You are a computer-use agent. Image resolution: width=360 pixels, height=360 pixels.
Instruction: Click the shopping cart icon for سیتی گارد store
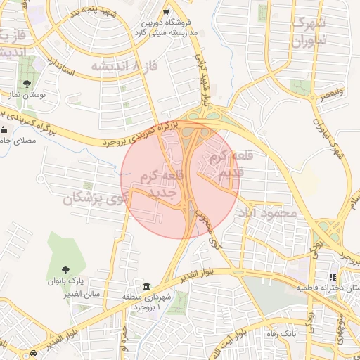tap(166, 12)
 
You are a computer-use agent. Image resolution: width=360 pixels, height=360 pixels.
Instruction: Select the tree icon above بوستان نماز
tap(27, 85)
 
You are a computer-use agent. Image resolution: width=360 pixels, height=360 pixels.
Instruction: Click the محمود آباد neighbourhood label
tap(266, 212)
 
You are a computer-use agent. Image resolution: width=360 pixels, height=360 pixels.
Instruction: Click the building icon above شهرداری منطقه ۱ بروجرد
tap(147, 286)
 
